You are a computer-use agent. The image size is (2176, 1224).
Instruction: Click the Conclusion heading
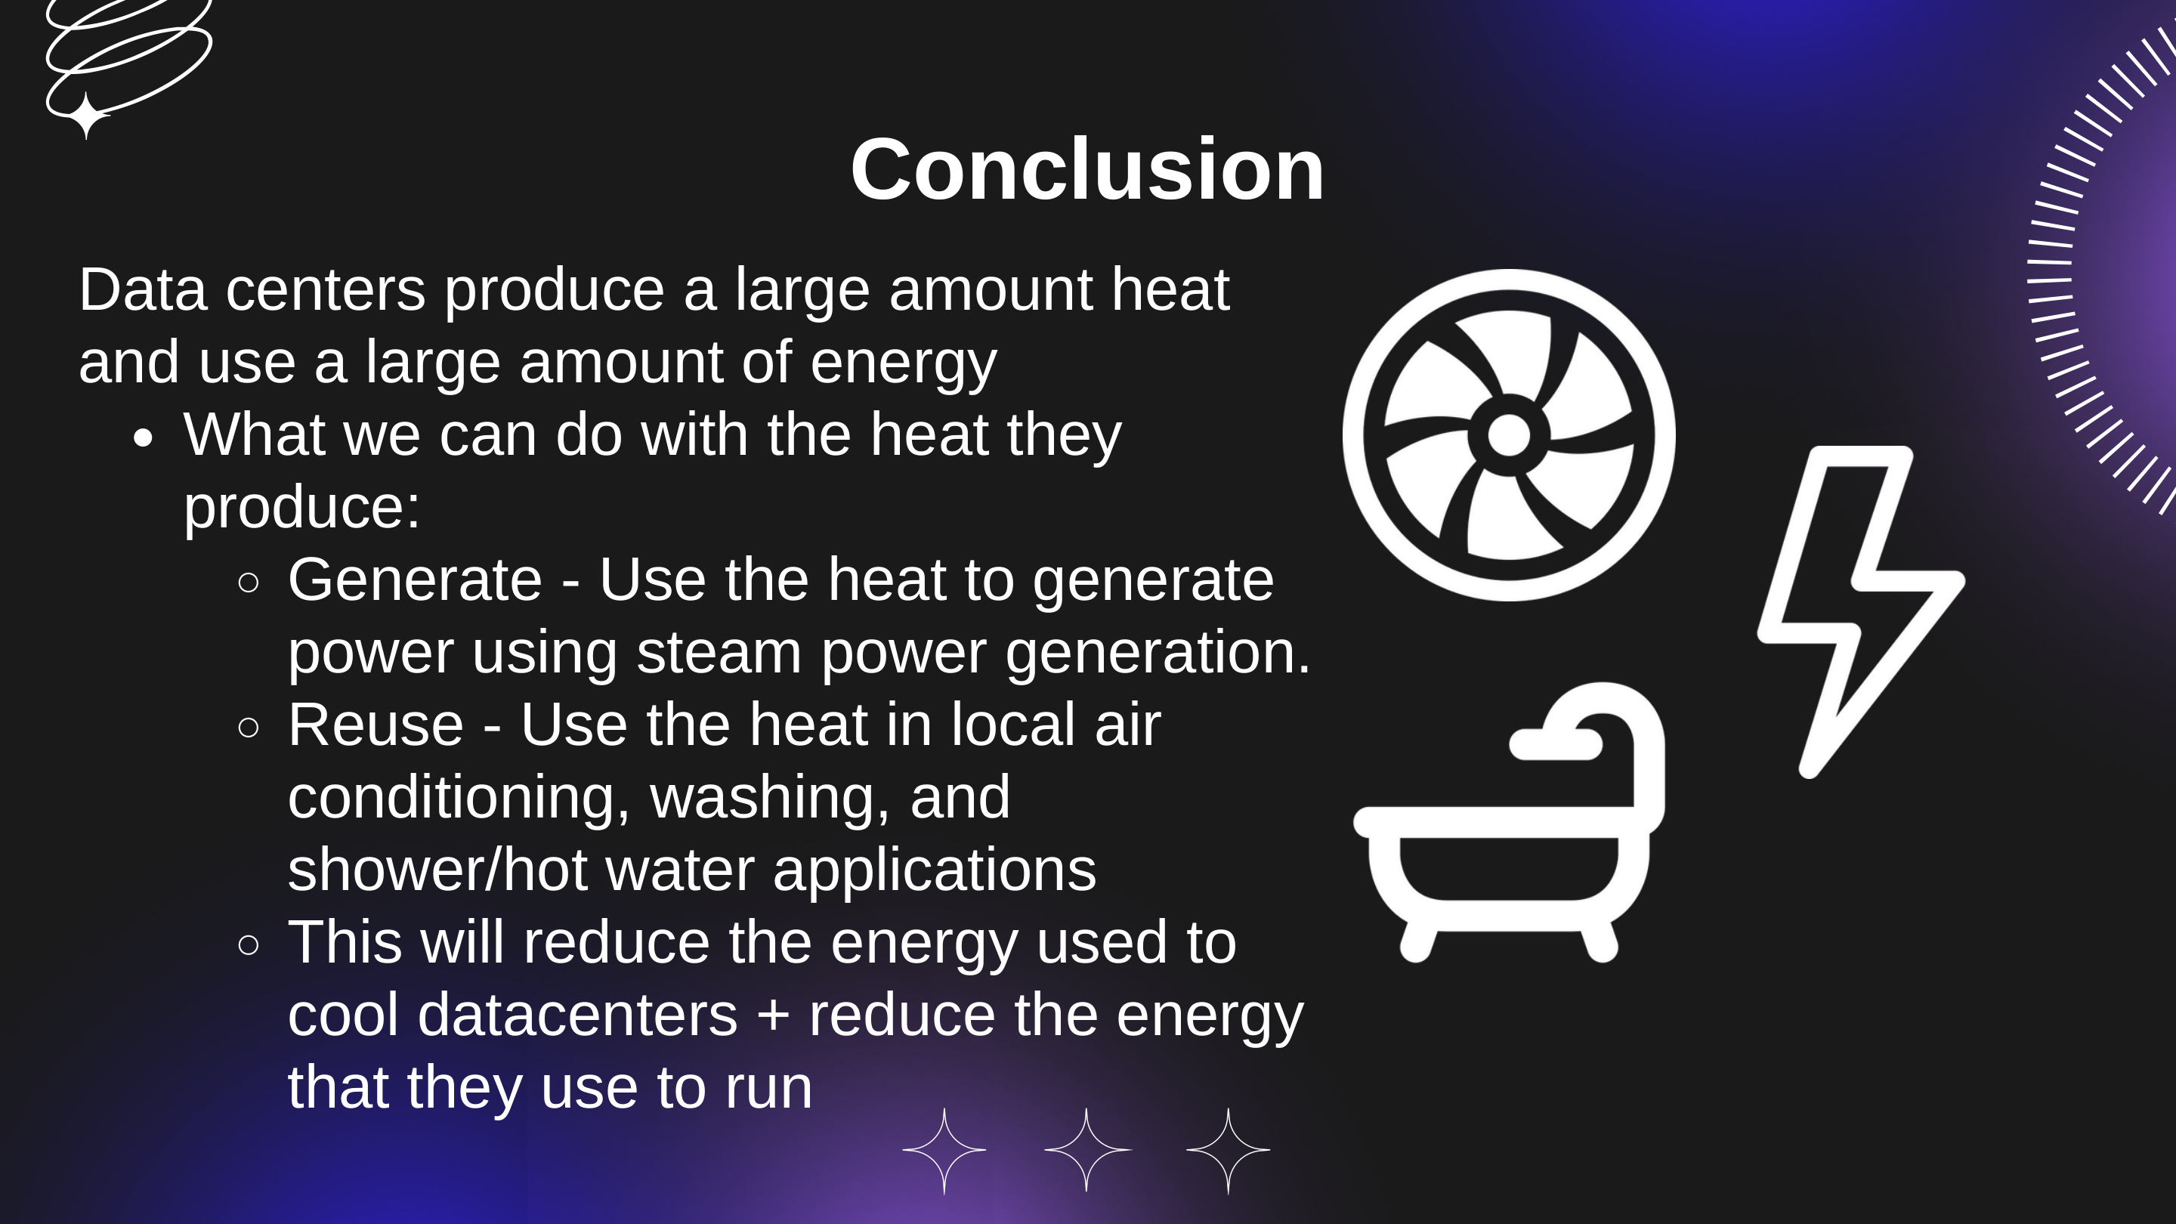click(1086, 171)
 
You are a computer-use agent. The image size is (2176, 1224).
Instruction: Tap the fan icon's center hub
click(1509, 435)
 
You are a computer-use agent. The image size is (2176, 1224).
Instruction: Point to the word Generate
click(415, 580)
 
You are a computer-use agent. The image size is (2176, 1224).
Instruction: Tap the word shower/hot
click(437, 871)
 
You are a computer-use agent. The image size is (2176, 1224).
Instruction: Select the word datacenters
click(577, 1015)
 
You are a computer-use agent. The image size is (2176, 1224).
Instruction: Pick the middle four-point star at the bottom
click(1086, 1150)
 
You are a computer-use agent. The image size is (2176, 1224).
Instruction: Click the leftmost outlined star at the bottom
click(944, 1150)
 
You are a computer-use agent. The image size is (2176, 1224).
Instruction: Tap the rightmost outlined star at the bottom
click(1229, 1150)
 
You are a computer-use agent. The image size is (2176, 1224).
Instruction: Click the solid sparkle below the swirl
click(85, 115)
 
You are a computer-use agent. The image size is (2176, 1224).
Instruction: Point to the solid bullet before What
click(144, 437)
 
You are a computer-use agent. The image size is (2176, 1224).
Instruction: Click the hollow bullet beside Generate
click(249, 582)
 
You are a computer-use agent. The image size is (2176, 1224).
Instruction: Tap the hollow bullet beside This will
click(249, 944)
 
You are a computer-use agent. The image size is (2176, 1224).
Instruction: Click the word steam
click(718, 653)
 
